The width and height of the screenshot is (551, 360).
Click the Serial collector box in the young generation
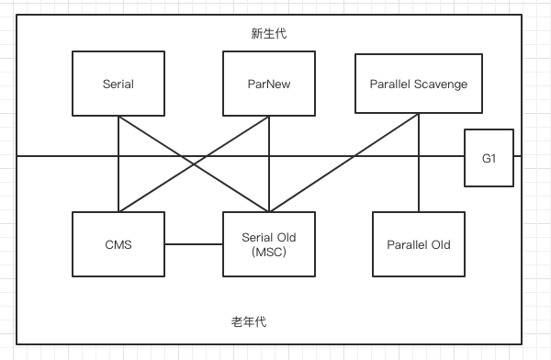point(118,84)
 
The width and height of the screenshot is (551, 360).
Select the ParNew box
point(268,84)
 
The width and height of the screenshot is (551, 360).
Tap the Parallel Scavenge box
point(419,84)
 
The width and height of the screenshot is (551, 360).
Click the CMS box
point(118,244)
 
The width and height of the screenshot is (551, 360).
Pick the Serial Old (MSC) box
point(268,244)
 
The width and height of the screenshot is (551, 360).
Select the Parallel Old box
point(419,244)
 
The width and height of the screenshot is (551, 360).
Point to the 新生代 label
point(269,34)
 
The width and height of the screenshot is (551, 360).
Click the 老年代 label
point(250,322)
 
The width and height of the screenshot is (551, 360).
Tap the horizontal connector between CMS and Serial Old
point(193,244)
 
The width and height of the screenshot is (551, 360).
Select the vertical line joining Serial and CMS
point(118,184)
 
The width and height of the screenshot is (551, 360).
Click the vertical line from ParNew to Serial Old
point(268,184)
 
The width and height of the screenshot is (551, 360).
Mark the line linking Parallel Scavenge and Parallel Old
point(419,184)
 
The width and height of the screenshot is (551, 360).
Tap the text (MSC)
point(268,253)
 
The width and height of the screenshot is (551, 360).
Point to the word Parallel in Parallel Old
point(405,245)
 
